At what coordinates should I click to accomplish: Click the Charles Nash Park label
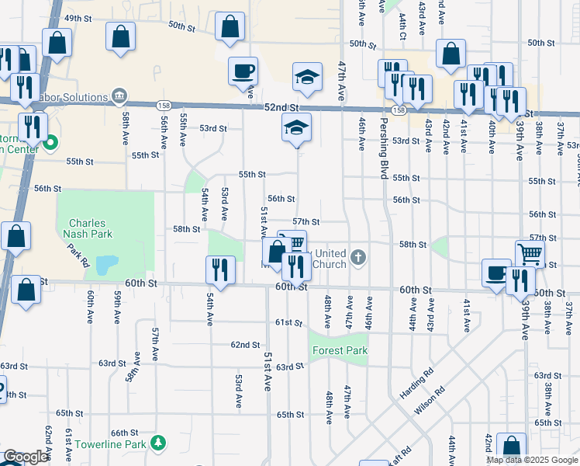click(88, 227)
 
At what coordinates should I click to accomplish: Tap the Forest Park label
click(339, 350)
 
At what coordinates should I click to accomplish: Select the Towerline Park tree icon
click(158, 443)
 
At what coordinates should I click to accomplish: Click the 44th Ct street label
click(403, 26)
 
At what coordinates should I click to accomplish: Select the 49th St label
click(78, 18)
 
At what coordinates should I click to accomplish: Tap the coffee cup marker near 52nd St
click(243, 71)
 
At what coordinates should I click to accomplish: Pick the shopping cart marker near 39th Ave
click(530, 253)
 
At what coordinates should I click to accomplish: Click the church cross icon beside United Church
click(357, 256)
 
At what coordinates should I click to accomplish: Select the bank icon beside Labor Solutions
click(119, 97)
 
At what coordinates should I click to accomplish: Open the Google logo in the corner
click(25, 457)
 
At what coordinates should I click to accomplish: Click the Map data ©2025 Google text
click(531, 460)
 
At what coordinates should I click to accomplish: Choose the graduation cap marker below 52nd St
click(295, 127)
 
